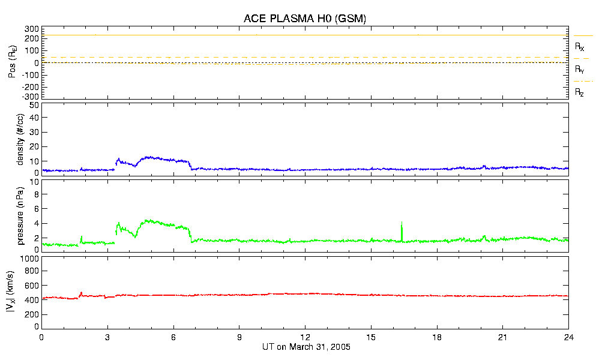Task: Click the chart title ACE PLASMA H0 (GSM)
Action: tap(305, 19)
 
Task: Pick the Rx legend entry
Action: tap(579, 46)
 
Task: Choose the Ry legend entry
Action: tap(579, 70)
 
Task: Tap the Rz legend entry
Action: tap(579, 92)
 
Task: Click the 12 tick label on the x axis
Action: tap(306, 337)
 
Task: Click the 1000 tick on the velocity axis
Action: tap(29, 259)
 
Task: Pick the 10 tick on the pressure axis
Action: tap(34, 194)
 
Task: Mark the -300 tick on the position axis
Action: tap(29, 96)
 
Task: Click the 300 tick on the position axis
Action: tap(32, 29)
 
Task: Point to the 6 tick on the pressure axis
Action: tap(36, 209)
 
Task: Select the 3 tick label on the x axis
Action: tap(107, 337)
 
